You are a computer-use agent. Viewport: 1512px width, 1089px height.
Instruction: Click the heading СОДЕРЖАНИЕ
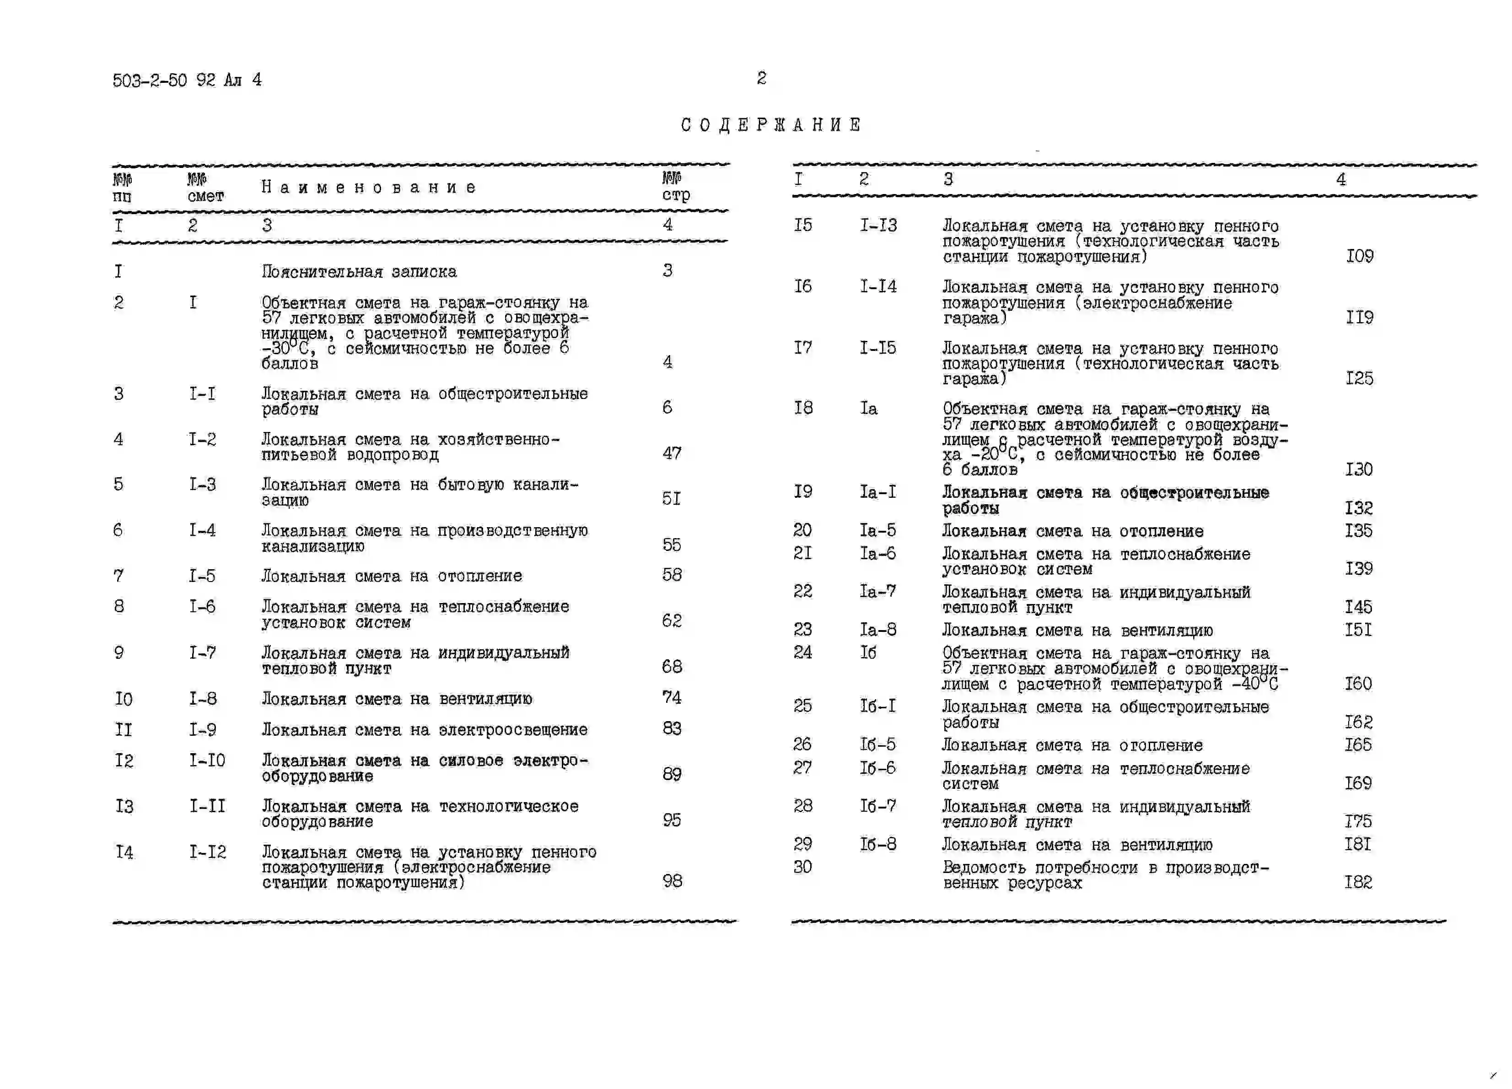click(771, 125)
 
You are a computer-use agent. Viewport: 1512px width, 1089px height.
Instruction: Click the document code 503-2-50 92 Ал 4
click(187, 81)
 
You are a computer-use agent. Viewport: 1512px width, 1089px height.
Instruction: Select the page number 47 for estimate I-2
click(671, 453)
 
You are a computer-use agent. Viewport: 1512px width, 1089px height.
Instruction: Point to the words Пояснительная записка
click(359, 271)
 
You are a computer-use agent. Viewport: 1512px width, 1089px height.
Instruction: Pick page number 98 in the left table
click(672, 881)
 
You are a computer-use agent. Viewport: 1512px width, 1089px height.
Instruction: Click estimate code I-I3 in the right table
click(878, 226)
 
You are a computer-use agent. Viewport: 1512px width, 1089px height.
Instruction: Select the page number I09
click(1359, 256)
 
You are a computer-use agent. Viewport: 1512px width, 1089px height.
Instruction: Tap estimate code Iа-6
click(877, 554)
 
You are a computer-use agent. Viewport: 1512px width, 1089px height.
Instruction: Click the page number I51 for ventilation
click(1358, 630)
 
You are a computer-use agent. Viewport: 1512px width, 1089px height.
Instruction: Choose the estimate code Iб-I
click(877, 706)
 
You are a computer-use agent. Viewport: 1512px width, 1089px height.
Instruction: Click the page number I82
click(1358, 882)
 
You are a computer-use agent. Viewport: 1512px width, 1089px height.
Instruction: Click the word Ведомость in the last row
click(983, 868)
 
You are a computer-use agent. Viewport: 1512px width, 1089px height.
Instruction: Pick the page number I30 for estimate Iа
click(1359, 469)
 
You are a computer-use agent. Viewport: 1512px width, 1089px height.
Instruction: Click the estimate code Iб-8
click(877, 844)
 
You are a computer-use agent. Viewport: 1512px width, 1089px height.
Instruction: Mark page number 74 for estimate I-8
click(671, 697)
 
